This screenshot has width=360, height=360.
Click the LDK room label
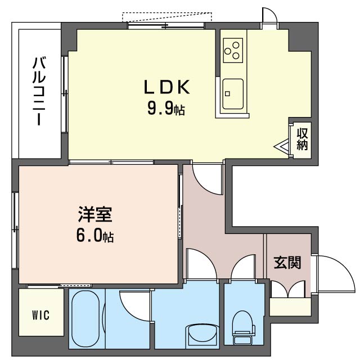[167, 87]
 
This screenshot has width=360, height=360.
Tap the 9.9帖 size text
[166, 108]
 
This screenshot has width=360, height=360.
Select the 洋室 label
[95, 214]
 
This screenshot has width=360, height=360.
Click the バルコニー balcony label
[39, 91]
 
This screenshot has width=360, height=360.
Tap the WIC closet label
[41, 315]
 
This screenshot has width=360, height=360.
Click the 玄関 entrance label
[287, 262]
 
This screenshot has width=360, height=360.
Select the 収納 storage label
[302, 139]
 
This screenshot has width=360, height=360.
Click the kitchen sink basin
[233, 94]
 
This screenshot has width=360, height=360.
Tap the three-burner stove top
[233, 50]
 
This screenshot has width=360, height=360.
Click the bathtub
[85, 319]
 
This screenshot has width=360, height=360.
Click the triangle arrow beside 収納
[281, 146]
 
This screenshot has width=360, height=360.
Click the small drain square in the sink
[227, 93]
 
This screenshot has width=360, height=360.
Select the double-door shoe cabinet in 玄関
[289, 289]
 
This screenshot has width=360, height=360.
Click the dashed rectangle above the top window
[167, 17]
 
